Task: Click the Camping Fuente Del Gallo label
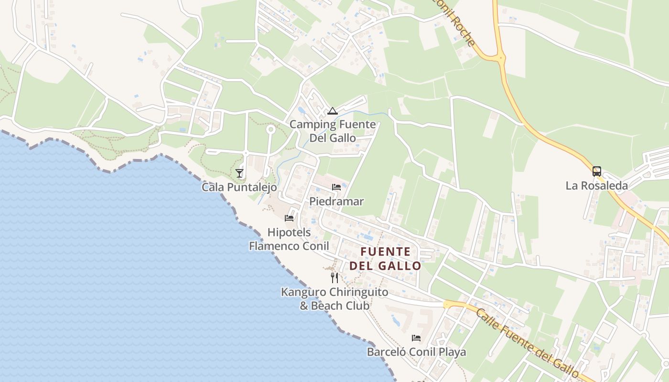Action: coord(333,131)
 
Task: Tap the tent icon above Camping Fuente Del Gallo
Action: coord(333,111)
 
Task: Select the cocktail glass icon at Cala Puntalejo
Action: coord(239,173)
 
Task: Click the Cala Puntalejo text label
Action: coord(239,187)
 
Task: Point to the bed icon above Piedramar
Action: coord(336,187)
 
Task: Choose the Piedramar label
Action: coord(336,202)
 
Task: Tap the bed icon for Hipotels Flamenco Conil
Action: coord(289,218)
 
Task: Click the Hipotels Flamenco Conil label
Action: coord(289,239)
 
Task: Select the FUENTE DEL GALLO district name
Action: coord(385,258)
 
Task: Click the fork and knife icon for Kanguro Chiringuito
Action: coord(334,277)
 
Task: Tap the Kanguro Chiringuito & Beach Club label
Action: coord(334,298)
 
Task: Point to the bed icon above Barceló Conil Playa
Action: coord(416,338)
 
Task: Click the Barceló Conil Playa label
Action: coord(416,352)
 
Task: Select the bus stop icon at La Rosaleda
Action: coord(596,171)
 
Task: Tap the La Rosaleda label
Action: coord(596,186)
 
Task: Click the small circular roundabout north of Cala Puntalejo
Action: coord(270,129)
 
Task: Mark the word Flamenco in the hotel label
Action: coord(275,246)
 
